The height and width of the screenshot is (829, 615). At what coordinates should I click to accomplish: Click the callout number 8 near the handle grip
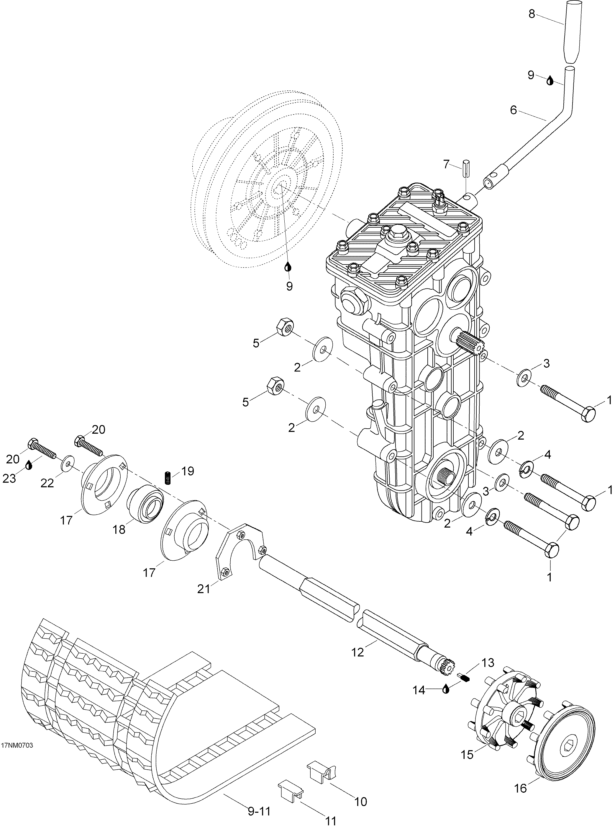[x=532, y=14]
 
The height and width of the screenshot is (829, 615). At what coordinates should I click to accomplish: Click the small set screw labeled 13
[x=463, y=677]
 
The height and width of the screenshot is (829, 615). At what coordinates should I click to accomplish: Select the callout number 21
[x=204, y=589]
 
